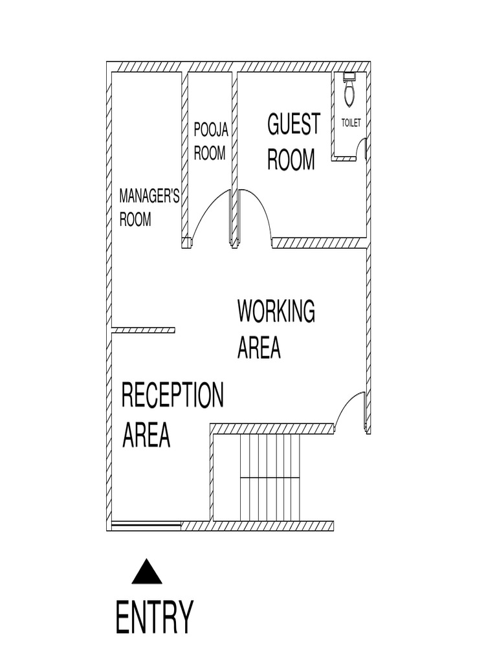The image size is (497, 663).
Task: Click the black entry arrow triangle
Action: tap(147, 573)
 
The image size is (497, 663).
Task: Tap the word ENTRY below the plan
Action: tap(154, 618)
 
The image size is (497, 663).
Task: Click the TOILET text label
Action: tap(351, 124)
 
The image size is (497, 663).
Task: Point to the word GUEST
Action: tap(294, 124)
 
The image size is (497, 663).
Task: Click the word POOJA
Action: tap(211, 131)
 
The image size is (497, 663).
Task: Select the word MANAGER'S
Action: tap(149, 197)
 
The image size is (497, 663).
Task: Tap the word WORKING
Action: tap(276, 311)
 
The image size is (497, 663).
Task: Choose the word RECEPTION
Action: tap(173, 396)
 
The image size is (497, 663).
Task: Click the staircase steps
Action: tap(270, 477)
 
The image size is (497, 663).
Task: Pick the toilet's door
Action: tap(366, 148)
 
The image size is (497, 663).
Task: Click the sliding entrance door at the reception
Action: tap(146, 526)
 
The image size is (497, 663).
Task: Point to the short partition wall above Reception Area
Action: tap(144, 330)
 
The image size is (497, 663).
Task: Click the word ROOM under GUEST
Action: tap(291, 159)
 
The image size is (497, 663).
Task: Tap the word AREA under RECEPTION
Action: tap(146, 435)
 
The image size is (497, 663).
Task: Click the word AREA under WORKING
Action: tap(259, 348)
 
